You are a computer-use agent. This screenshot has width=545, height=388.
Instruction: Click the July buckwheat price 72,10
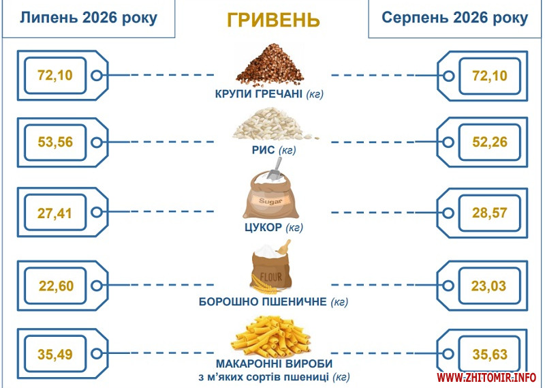55,75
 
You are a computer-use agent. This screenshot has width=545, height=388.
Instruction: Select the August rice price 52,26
490,142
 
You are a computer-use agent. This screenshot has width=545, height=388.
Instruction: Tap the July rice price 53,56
55,142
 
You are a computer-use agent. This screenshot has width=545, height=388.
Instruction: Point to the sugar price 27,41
54,213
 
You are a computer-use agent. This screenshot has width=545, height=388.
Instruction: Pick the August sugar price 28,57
489,213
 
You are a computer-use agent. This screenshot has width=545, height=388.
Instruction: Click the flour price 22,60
56,286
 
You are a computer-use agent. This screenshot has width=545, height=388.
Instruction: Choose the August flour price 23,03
488,286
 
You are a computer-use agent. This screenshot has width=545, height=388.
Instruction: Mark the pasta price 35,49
55,355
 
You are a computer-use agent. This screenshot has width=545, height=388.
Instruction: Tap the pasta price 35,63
490,355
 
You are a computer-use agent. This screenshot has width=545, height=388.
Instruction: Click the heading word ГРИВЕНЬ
273,20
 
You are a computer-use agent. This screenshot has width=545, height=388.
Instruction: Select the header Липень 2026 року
89,18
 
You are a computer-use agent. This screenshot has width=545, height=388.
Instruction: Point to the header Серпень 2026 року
454,18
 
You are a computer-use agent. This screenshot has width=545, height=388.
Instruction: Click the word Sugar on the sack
270,201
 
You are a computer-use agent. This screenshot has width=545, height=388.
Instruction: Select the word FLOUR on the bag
270,278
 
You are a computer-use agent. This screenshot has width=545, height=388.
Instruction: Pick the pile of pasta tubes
270,336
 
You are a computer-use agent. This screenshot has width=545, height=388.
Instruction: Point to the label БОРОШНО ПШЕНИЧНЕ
263,301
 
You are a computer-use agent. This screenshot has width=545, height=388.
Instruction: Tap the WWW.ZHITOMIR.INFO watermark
486,377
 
